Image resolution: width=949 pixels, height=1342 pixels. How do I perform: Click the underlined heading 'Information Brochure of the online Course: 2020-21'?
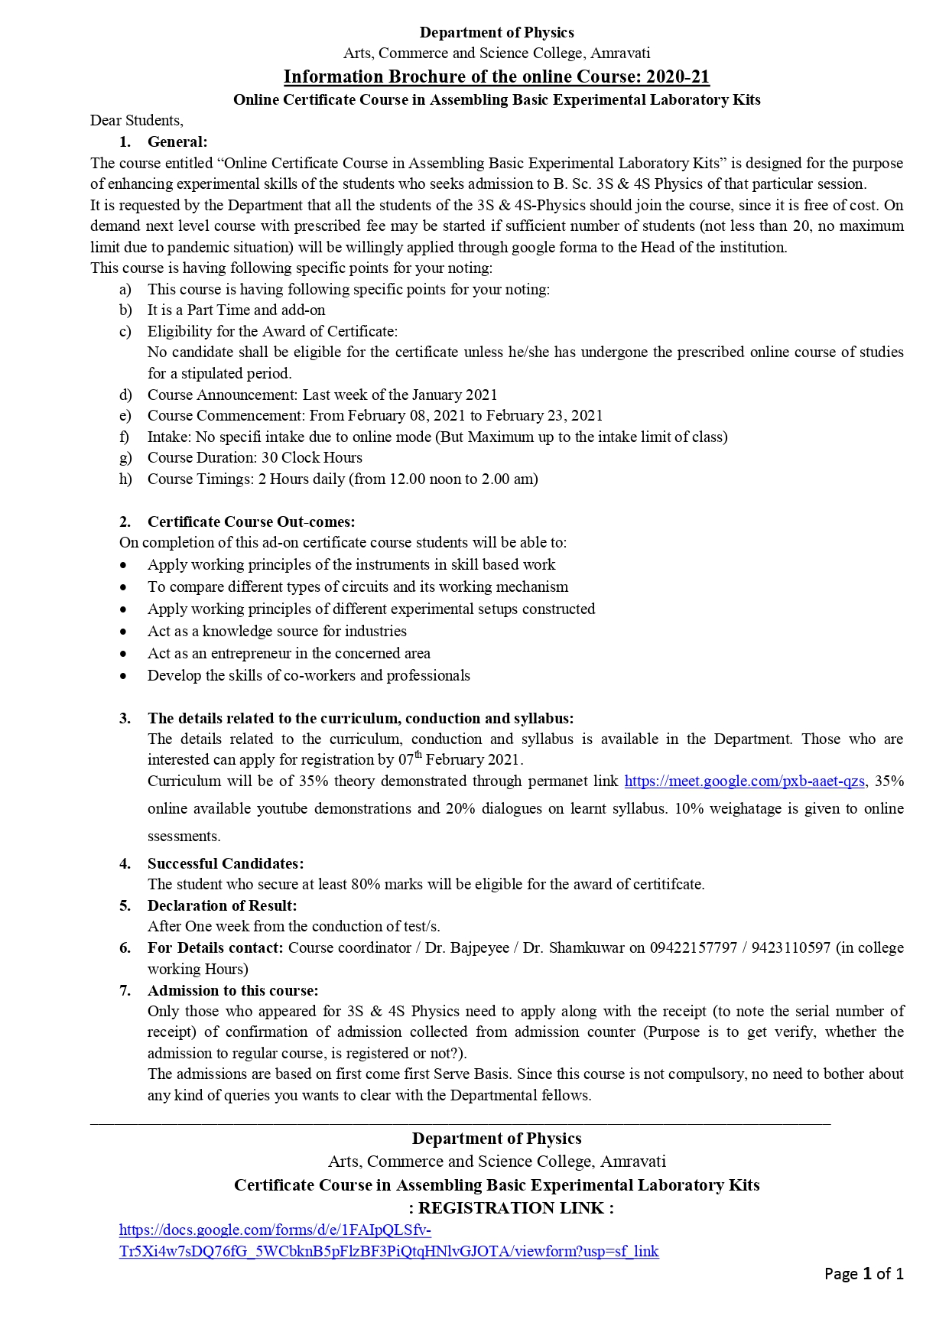(496, 76)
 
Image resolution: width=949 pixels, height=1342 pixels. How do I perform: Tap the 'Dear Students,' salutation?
(137, 120)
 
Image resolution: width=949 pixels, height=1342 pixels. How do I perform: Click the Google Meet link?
(744, 781)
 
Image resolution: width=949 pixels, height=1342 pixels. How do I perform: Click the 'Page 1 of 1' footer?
(863, 1273)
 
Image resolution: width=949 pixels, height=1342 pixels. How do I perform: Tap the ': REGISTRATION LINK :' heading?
(511, 1207)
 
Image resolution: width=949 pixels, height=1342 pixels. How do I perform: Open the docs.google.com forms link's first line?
(275, 1230)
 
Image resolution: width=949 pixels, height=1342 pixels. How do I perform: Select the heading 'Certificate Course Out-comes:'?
(251, 522)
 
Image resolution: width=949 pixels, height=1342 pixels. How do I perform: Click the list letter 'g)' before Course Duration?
(125, 457)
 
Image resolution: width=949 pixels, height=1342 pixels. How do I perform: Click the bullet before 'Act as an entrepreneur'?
(123, 654)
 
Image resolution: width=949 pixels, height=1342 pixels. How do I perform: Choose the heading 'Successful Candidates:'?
(226, 863)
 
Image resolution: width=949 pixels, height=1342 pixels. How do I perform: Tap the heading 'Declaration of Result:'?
(222, 905)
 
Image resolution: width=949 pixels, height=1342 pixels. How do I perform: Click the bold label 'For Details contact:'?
(216, 947)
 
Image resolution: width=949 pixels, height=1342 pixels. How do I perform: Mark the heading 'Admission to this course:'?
(232, 990)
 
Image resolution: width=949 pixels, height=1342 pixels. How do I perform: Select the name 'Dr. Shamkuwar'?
(570, 947)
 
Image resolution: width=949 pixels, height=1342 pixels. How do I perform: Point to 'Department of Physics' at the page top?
(496, 32)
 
